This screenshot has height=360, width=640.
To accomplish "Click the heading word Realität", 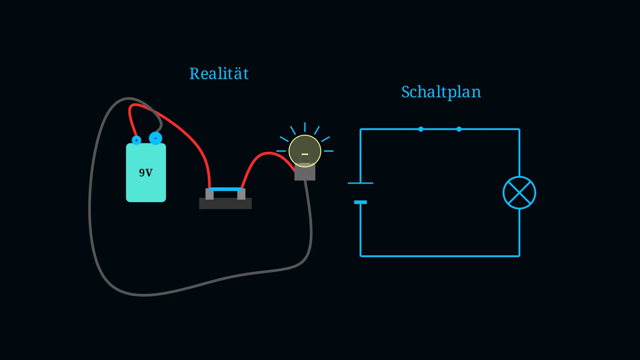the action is (219, 73).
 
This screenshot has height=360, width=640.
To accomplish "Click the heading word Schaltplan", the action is (441, 92).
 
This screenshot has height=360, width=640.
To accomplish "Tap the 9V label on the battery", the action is (146, 173).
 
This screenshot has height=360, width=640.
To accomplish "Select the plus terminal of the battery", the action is (136, 140).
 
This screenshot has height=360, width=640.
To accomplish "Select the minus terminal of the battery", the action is (155, 138).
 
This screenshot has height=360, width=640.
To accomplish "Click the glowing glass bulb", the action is (305, 151).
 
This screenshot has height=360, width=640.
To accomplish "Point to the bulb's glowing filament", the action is (305, 154).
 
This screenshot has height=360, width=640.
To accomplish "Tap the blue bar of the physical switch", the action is (225, 189).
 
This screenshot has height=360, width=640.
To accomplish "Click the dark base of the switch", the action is (225, 203).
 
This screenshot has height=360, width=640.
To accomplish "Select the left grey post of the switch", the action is (209, 194).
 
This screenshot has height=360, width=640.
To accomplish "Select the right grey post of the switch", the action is (241, 194).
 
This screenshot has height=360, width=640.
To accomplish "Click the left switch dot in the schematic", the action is (421, 129).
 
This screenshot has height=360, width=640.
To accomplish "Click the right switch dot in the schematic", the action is (459, 129).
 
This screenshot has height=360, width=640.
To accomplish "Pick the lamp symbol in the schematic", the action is (519, 193).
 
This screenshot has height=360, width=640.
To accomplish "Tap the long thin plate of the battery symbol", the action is (360, 183).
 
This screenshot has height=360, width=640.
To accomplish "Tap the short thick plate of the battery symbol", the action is (360, 202).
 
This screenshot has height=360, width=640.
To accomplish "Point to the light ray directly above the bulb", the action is (305, 127).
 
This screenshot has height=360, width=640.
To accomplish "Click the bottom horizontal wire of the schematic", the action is (440, 256).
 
